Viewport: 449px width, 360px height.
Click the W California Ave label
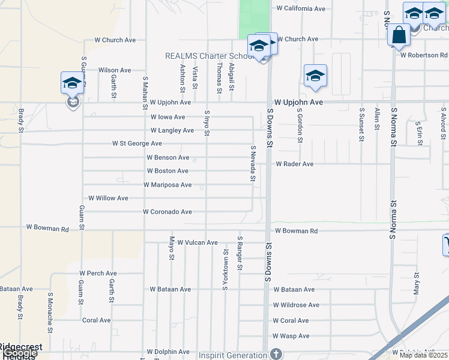(301, 9)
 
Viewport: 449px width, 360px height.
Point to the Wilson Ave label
(115, 70)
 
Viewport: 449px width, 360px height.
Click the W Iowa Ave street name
(167, 117)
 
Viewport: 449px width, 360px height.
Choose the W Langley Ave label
(172, 130)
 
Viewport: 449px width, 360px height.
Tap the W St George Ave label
(137, 144)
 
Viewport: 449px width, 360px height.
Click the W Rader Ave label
(295, 164)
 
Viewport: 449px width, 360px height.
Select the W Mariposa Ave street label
(167, 185)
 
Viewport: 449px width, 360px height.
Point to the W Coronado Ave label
(167, 212)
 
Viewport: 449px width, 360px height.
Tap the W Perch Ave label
(97, 273)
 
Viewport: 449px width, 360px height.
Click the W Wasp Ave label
(291, 336)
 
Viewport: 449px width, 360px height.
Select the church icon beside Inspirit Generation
(276, 354)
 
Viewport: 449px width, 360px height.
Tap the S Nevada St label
(253, 163)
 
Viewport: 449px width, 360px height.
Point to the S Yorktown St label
(226, 271)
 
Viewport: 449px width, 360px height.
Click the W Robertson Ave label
(424, 55)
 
